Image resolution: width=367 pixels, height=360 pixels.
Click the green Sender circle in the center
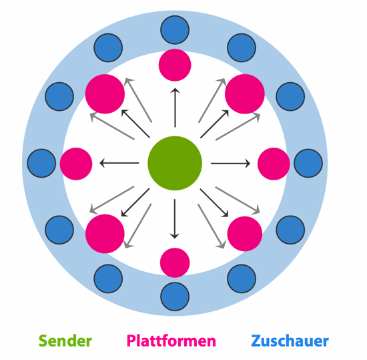(175, 163)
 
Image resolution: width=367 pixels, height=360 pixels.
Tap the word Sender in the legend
(65, 341)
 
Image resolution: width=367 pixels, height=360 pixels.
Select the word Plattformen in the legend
(171, 341)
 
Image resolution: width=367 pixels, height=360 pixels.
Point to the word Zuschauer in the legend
(290, 341)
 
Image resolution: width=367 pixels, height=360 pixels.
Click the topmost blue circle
(175, 30)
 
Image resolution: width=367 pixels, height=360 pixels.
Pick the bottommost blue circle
(175, 297)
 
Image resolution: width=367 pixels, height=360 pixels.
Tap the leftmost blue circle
(41, 163)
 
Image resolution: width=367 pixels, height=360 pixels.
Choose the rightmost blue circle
(308, 163)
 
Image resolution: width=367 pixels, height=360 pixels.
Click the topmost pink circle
(175, 65)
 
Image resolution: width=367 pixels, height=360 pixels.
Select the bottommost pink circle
(175, 262)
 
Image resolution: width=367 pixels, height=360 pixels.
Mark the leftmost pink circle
(76, 164)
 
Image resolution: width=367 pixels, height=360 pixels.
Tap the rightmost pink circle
(274, 164)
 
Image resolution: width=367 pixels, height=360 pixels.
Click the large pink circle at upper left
(105, 94)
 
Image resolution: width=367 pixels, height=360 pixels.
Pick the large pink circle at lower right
(245, 234)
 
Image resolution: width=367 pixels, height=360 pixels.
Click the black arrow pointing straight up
(175, 108)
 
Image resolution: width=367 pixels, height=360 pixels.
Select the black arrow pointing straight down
(175, 219)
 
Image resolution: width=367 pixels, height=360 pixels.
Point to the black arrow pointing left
(119, 163)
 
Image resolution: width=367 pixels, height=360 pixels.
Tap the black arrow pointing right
(231, 163)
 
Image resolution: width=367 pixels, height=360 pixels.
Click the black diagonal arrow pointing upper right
(214, 124)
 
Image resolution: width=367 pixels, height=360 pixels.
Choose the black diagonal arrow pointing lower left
(135, 202)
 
